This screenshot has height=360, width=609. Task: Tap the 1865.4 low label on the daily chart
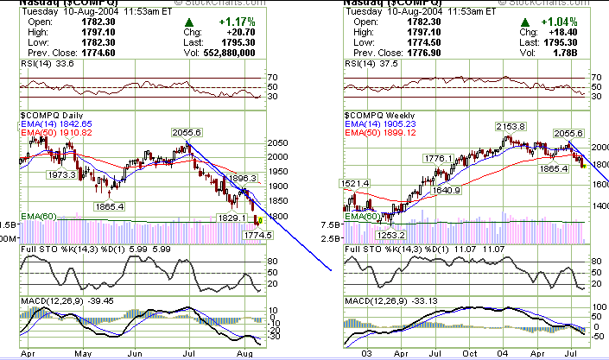pos(110,206)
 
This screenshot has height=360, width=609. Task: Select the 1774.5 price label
pos(258,235)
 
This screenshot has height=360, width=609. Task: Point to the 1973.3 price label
pos(62,174)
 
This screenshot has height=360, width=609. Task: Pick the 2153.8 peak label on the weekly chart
pos(511,126)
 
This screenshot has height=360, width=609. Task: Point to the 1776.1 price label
pos(440,159)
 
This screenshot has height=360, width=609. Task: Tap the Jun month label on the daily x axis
pos(135,353)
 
